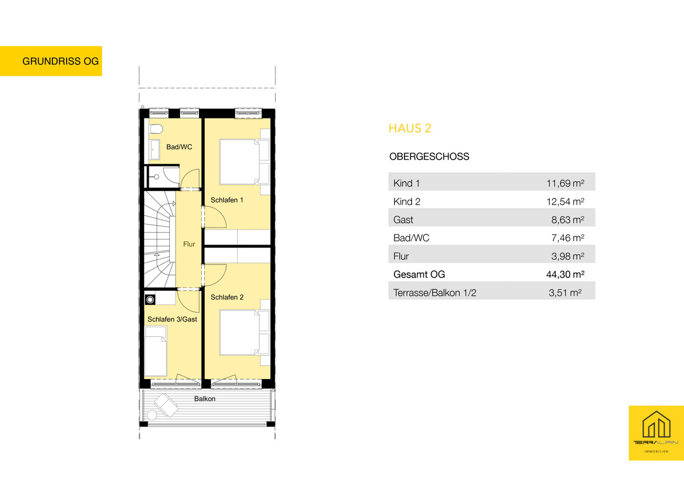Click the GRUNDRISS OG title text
(60, 61)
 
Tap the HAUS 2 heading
(410, 128)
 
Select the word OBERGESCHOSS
(429, 156)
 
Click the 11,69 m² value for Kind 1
(565, 183)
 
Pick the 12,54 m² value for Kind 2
(565, 202)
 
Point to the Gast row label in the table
(403, 220)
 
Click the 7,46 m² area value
(568, 238)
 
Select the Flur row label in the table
(401, 256)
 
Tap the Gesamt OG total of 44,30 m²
(565, 275)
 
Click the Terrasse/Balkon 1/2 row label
(435, 293)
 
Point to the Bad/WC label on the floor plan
(179, 147)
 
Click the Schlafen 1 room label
(227, 200)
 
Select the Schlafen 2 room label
(227, 297)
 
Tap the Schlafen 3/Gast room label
(172, 319)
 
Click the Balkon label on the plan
(205, 398)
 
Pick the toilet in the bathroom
(156, 129)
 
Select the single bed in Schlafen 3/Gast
(156, 352)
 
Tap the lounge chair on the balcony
(166, 405)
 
